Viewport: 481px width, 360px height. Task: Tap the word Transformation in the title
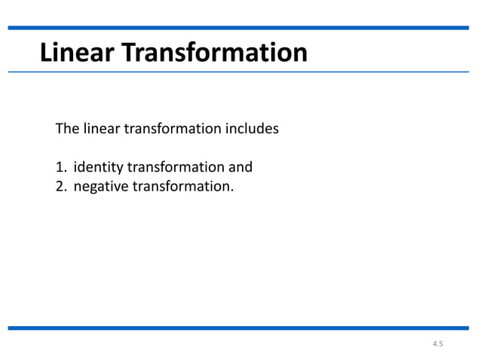click(214, 53)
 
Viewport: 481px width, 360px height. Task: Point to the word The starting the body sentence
click(67, 129)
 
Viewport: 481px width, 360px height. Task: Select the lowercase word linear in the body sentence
click(100, 129)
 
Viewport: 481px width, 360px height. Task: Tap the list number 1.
click(60, 166)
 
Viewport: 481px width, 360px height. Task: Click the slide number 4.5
click(438, 344)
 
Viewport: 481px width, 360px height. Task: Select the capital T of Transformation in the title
click(127, 53)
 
